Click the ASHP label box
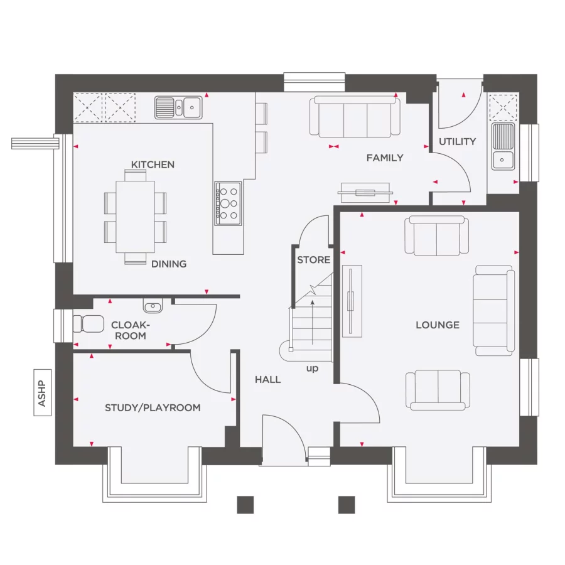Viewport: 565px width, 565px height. coord(42,392)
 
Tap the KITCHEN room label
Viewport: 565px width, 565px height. coord(153,164)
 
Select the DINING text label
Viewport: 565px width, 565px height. coord(169,264)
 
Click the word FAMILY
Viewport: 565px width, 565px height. coord(385,158)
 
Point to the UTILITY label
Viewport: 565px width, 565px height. coord(457,141)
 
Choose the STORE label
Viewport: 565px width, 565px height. coord(313,259)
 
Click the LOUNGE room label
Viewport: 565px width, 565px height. coord(438,325)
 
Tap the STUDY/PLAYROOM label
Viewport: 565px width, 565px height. coord(153,407)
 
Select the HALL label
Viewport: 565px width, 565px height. coord(267,379)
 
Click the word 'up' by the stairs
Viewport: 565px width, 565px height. coord(312,368)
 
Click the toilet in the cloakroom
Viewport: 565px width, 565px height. coord(87,324)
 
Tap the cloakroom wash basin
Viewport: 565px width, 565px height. coord(153,306)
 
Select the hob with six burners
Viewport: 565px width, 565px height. coord(228,203)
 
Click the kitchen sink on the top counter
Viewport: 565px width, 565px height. coord(179,107)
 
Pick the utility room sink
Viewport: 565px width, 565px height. coord(503,146)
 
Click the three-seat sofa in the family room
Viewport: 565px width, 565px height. coord(355,117)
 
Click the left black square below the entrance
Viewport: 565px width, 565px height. coord(245,505)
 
